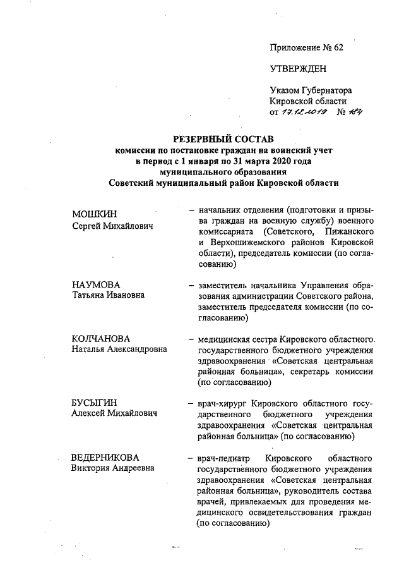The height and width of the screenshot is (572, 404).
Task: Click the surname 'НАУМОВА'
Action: [96, 284]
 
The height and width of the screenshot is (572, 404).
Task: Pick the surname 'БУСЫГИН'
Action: [95, 402]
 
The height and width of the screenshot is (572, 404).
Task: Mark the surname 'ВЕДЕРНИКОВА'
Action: [105, 457]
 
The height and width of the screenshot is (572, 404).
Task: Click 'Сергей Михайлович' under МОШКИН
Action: [112, 226]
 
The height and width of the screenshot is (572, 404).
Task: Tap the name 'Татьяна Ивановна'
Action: [108, 295]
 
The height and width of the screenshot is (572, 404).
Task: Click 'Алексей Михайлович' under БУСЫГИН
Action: [114, 413]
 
